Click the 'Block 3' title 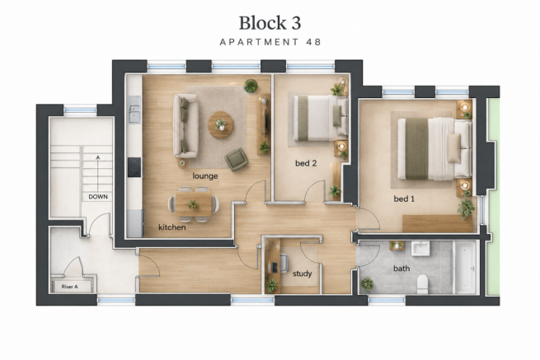pyautogui.click(x=270, y=23)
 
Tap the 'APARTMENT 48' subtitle pyautogui.click(x=270, y=42)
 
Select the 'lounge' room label pyautogui.click(x=205, y=175)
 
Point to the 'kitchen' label pyautogui.click(x=172, y=227)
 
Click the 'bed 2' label pyautogui.click(x=306, y=163)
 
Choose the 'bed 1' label pyautogui.click(x=404, y=199)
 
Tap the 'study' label pyautogui.click(x=302, y=274)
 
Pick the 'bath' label pyautogui.click(x=401, y=268)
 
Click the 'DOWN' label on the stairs pyautogui.click(x=98, y=197)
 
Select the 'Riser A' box pyautogui.click(x=72, y=287)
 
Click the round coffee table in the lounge pyautogui.click(x=221, y=124)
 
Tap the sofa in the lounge pyautogui.click(x=185, y=126)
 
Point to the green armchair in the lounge pyautogui.click(x=237, y=159)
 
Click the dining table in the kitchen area pyautogui.click(x=194, y=204)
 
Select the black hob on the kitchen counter pyautogui.click(x=134, y=167)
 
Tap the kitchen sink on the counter pyautogui.click(x=134, y=110)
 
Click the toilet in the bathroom pyautogui.click(x=422, y=285)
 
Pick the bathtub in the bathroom pyautogui.click(x=465, y=268)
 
